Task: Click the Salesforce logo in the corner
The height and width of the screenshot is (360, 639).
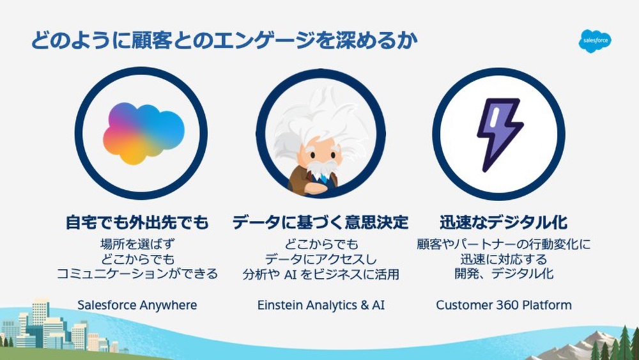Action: pyautogui.click(x=595, y=41)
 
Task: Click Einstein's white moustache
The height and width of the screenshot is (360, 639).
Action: pyautogui.click(x=319, y=168)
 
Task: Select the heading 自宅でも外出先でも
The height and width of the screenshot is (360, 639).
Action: pyautogui.click(x=137, y=223)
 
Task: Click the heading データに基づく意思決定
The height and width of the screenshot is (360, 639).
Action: pyautogui.click(x=320, y=223)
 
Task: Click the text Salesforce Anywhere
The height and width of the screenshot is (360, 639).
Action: pyautogui.click(x=137, y=305)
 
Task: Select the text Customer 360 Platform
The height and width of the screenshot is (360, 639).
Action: pyautogui.click(x=504, y=305)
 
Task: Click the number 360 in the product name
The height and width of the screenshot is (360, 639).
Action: pyautogui.click(x=505, y=305)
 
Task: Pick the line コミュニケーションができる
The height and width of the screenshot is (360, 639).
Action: pyautogui.click(x=137, y=274)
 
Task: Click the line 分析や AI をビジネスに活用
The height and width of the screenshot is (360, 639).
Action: pyautogui.click(x=320, y=274)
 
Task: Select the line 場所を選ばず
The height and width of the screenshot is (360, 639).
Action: pyautogui.click(x=137, y=244)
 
